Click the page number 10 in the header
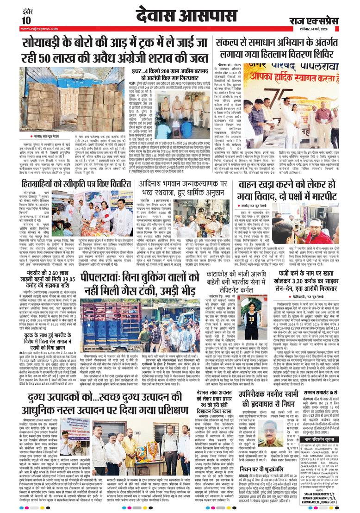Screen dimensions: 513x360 (x=25, y=20)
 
